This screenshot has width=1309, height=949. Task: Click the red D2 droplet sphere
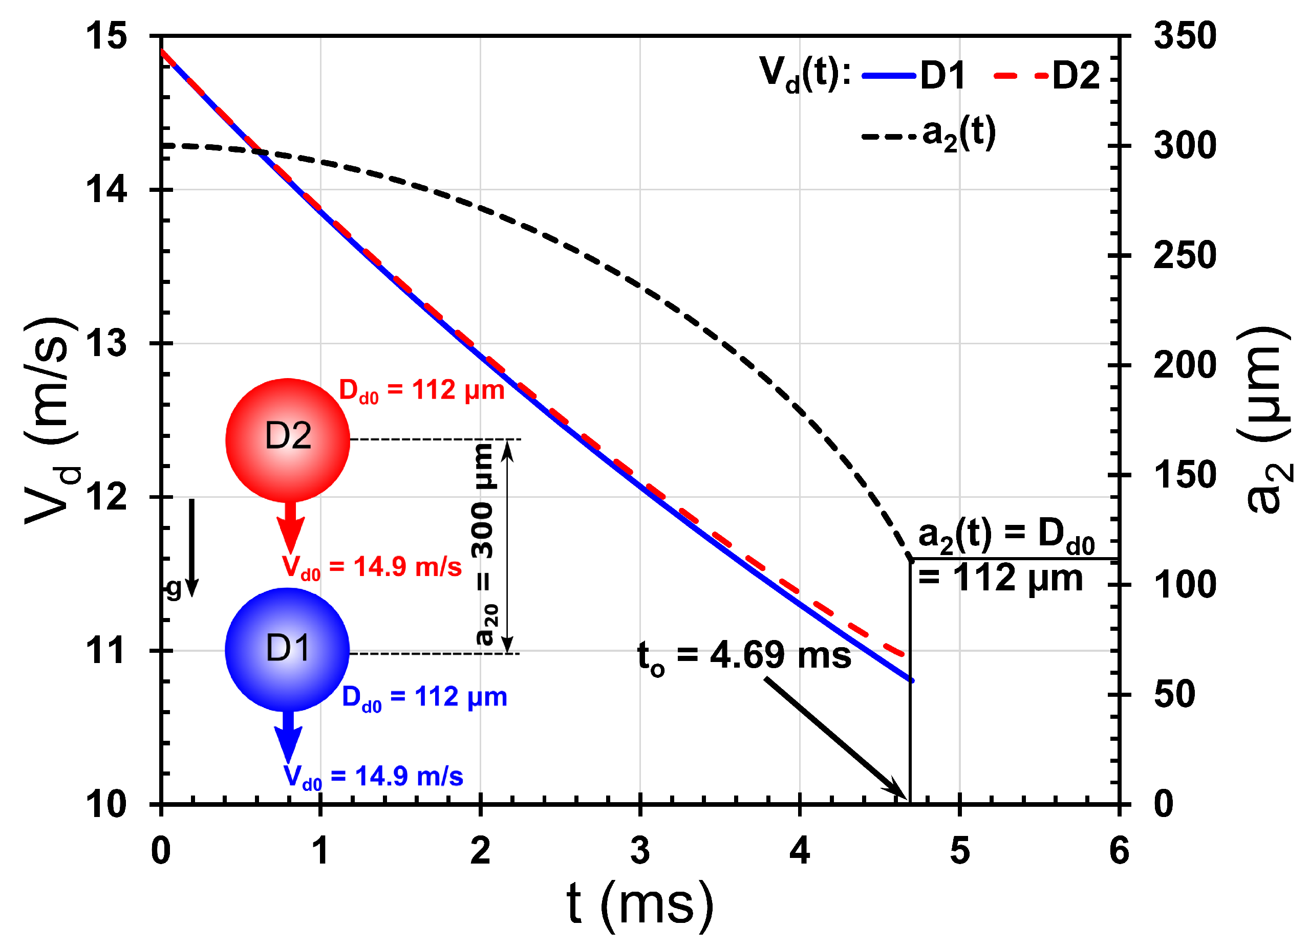pyautogui.click(x=287, y=440)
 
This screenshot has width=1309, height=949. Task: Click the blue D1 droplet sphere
pyautogui.click(x=287, y=650)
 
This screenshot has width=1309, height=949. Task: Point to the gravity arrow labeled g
pyautogui.click(x=192, y=547)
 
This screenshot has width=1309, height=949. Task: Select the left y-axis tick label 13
pyautogui.click(x=105, y=344)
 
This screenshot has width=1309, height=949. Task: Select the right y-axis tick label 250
pyautogui.click(x=1184, y=256)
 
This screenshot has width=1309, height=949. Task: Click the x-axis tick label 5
pyautogui.click(x=959, y=851)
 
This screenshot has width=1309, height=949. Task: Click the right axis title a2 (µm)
pyautogui.click(x=1268, y=420)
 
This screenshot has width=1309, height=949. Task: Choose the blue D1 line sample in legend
pyautogui.click(x=889, y=76)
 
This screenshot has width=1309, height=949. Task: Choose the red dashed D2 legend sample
pyautogui.click(x=1020, y=76)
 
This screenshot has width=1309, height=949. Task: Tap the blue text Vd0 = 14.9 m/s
pyautogui.click(x=373, y=777)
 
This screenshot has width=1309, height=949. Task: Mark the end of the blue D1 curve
pyautogui.click(x=912, y=681)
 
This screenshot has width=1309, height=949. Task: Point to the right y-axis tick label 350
pyautogui.click(x=1184, y=36)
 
